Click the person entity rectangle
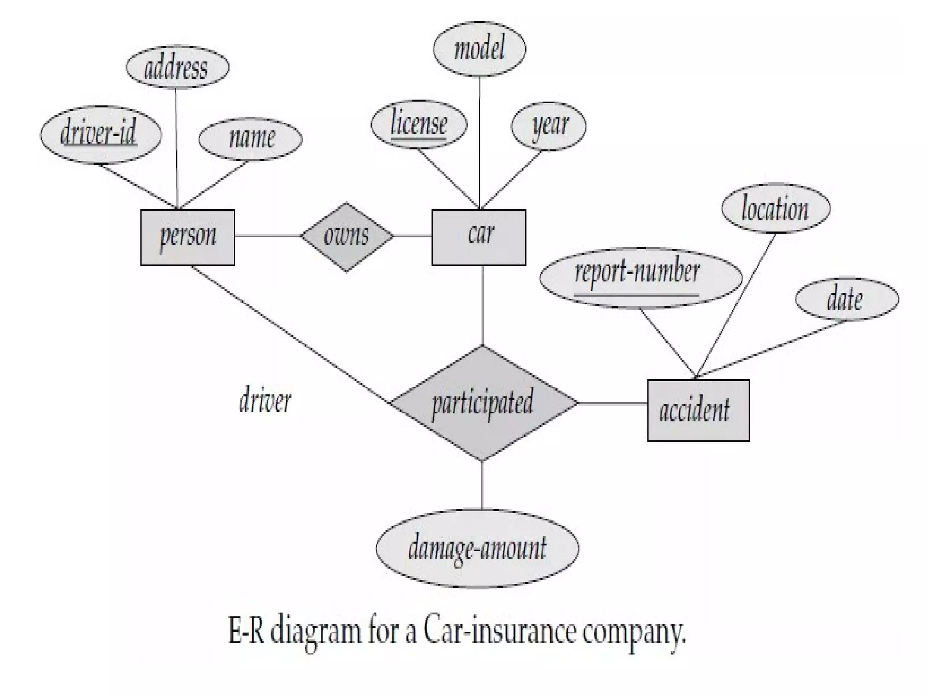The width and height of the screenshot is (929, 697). click(x=187, y=237)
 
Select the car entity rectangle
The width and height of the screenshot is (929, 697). click(x=479, y=237)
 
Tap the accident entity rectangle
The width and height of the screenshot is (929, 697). click(x=698, y=410)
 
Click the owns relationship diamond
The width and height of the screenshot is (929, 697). click(x=347, y=236)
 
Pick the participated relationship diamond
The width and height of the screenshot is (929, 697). click(x=483, y=403)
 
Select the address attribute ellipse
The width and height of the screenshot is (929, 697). click(x=177, y=67)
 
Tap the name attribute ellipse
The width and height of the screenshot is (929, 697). click(x=250, y=138)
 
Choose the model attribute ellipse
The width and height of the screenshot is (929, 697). click(x=479, y=49)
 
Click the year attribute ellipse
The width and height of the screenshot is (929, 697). click(x=548, y=125)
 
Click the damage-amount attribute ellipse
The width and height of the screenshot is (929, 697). click(x=477, y=548)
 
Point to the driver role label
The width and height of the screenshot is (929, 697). click(x=265, y=401)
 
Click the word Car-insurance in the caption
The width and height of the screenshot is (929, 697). click(x=499, y=632)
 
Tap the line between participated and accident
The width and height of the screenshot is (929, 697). click(x=612, y=403)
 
